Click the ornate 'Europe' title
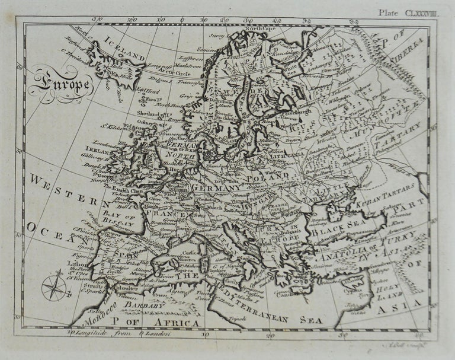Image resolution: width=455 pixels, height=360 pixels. point(62,84)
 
